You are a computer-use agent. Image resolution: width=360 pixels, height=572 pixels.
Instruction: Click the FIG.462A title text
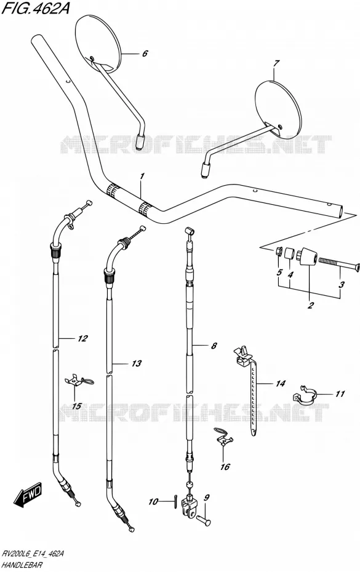pyautogui.click(x=36, y=8)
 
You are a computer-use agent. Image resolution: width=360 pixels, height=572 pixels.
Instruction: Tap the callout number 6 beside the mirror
pyautogui.click(x=145, y=54)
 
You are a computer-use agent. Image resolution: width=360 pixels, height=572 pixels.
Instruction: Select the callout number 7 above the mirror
pyautogui.click(x=276, y=64)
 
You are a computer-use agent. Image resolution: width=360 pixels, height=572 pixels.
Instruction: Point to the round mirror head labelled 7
pyautogui.click(x=279, y=109)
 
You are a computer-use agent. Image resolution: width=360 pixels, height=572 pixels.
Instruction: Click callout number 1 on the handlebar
pyautogui.click(x=142, y=177)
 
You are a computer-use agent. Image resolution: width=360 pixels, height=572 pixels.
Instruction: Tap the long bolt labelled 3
pyautogui.click(x=339, y=262)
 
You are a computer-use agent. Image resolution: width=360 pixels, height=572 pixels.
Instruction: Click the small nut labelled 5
pyautogui.click(x=278, y=252)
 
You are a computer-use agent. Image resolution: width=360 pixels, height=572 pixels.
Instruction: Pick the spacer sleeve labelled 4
pyautogui.click(x=289, y=253)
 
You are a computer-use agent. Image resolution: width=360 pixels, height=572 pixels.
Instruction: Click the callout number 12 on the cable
pyautogui.click(x=82, y=338)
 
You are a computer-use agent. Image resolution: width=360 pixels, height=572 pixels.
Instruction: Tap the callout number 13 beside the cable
pyautogui.click(x=136, y=363)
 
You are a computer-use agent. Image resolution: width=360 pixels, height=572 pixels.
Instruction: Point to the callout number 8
pyautogui.click(x=214, y=346)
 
